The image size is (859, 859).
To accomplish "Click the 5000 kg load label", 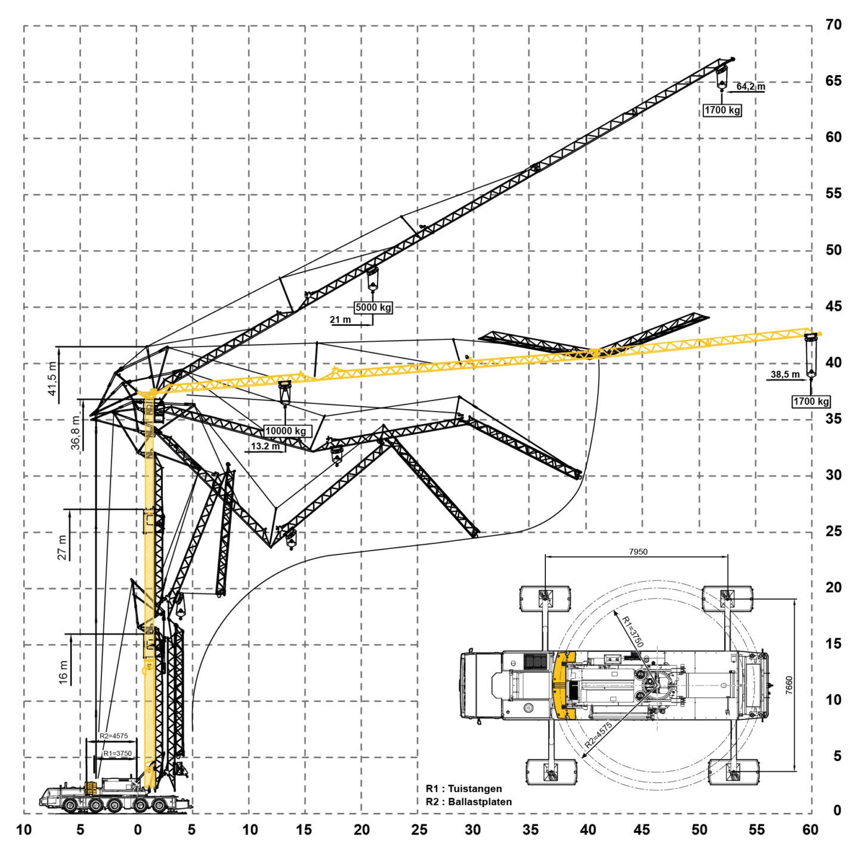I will pos(373,308).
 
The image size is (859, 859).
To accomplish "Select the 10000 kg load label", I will pos(286,431).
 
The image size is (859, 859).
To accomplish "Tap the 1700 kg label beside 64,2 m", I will pos(722,110).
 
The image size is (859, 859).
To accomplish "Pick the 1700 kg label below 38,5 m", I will pos(811,401).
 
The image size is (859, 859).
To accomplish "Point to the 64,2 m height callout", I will pos(750,86).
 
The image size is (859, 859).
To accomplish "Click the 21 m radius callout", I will pos(341,320).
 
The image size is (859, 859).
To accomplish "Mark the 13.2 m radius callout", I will pos(265,446).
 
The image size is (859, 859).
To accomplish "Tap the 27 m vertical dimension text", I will pos(62,547).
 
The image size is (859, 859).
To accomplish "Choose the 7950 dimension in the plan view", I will pos(638,552).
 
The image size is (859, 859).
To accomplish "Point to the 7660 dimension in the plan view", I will pos(789,685).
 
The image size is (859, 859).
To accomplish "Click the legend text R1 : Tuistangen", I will pos(464,789).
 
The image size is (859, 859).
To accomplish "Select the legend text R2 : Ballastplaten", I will pos(468,802).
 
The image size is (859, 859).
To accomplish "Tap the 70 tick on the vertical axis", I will pos(833,24).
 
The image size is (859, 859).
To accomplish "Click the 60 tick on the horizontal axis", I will pos(810,829).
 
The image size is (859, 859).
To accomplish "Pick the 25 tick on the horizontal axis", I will pos(419,829).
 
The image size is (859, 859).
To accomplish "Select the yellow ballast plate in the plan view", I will pos(563,685).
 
